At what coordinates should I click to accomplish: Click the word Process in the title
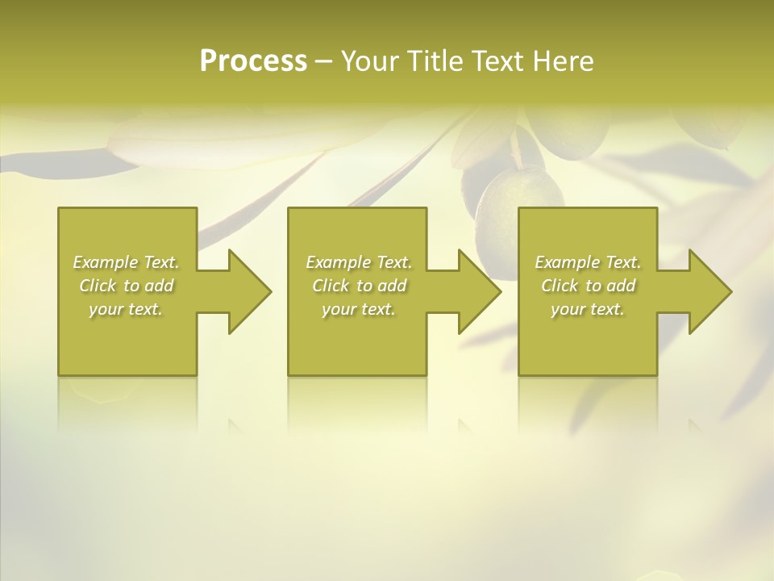pyautogui.click(x=253, y=61)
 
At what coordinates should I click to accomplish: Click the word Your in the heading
pyautogui.click(x=370, y=61)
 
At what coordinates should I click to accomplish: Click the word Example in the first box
pyautogui.click(x=106, y=262)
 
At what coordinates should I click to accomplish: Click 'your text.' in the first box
pyautogui.click(x=126, y=309)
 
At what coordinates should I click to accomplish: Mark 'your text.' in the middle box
pyautogui.click(x=358, y=309)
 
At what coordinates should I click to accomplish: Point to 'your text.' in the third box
pyautogui.click(x=588, y=309)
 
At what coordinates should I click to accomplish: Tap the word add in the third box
pyautogui.click(x=621, y=286)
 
